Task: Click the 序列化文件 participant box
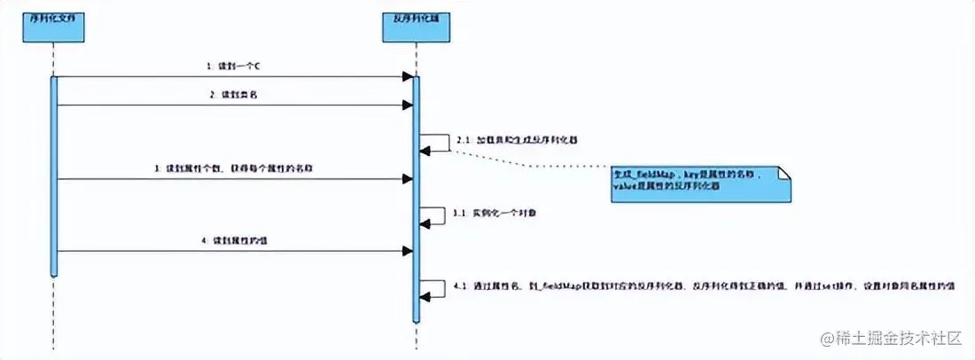pyautogui.click(x=54, y=30)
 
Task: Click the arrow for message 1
pyautogui.click(x=234, y=77)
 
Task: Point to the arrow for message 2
pyautogui.click(x=234, y=105)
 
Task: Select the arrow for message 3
pyautogui.click(x=234, y=178)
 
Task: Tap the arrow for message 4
pyautogui.click(x=234, y=251)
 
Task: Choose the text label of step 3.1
pyautogui.click(x=490, y=214)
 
